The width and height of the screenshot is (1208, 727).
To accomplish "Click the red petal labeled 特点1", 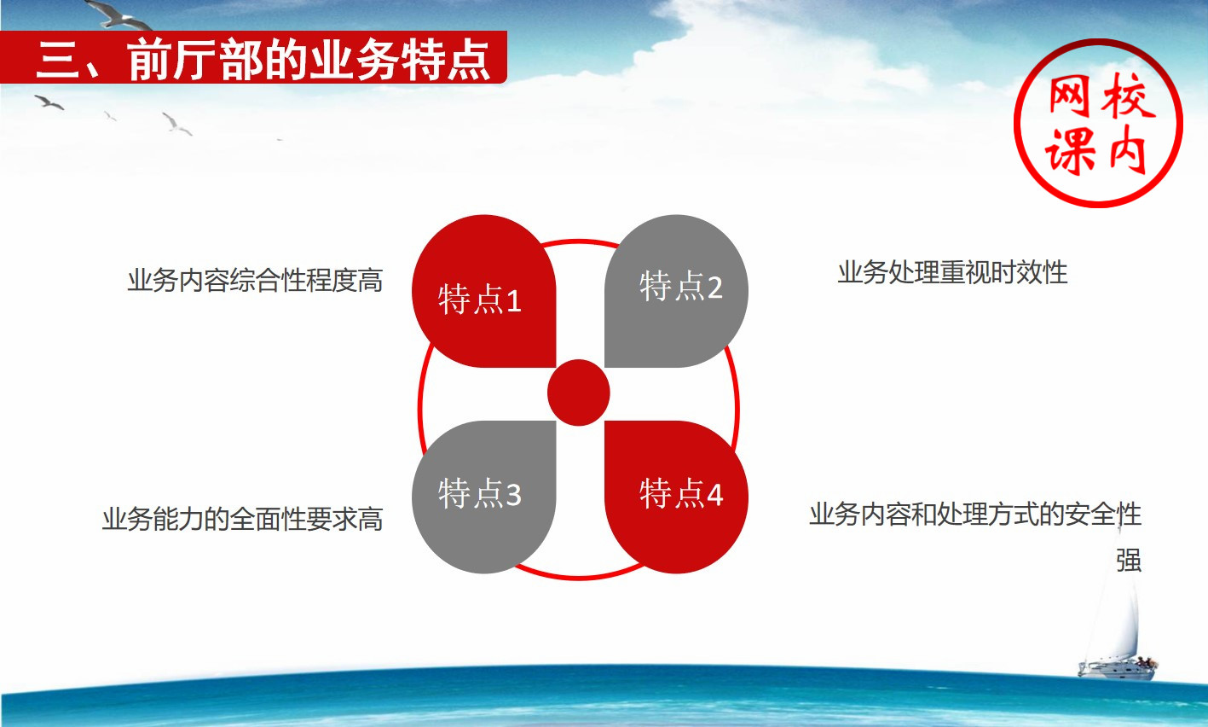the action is [483, 292].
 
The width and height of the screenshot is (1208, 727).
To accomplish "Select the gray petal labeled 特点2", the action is [676, 292].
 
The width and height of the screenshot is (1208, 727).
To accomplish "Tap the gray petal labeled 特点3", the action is [483, 497].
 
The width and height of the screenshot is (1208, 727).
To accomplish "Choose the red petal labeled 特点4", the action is [676, 497].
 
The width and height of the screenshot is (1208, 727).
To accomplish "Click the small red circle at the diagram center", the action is [579, 393].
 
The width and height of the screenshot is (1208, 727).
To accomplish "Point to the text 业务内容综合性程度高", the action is [255, 281].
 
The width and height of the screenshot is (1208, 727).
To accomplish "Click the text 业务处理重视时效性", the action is [952, 272].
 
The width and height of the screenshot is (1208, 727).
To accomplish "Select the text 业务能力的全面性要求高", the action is [243, 519].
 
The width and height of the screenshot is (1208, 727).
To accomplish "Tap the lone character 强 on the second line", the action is [1129, 561].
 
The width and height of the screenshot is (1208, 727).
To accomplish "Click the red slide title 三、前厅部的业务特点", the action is [263, 60].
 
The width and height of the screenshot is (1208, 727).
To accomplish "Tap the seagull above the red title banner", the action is [119, 15].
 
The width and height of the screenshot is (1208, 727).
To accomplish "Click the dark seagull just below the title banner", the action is [49, 102].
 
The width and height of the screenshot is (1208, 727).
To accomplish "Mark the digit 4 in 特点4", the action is [714, 494].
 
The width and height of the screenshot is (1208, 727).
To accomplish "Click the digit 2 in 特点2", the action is [714, 288].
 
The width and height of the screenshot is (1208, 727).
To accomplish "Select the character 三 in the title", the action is [58, 60].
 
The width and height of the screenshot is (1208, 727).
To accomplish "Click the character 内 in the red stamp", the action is [1128, 151].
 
